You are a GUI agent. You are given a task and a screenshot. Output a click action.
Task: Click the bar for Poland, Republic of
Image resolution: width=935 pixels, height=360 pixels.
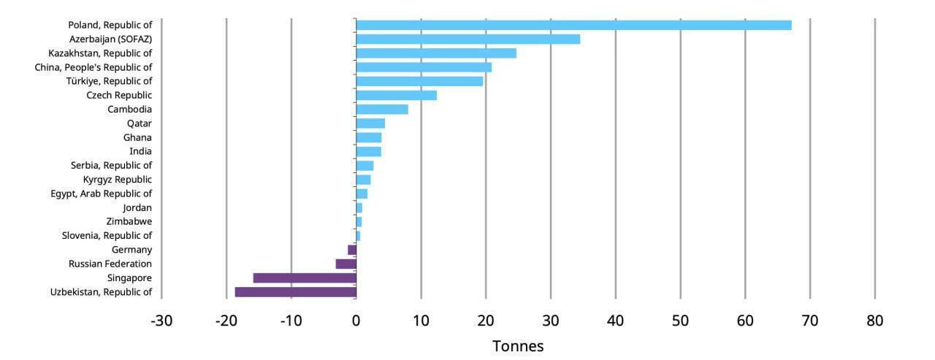tap(573, 25)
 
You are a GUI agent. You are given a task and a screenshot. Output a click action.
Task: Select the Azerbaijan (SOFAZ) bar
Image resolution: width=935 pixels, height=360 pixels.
tap(467, 39)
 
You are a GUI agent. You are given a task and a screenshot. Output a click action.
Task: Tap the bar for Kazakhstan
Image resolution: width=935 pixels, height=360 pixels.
tap(436, 53)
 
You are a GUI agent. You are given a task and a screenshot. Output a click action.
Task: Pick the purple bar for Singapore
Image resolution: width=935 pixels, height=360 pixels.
tap(305, 278)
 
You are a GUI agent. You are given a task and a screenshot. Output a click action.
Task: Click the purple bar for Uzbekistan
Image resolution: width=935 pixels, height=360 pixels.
tap(295, 292)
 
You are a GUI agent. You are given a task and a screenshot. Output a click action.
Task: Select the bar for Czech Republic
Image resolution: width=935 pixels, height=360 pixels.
tap(396, 95)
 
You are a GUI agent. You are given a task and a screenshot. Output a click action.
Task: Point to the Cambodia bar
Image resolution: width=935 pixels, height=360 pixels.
tap(382, 110)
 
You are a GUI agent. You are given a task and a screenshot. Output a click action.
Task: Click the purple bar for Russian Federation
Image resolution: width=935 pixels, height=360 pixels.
tap(346, 264)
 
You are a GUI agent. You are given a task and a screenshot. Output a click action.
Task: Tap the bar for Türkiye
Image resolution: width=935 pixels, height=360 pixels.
tap(419, 81)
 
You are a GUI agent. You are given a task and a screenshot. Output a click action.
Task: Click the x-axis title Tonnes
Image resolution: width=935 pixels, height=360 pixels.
tap(518, 346)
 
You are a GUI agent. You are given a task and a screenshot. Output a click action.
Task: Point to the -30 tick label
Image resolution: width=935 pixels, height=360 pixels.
tap(161, 321)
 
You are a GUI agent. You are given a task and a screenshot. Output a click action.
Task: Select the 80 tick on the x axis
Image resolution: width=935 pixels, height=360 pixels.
tap(874, 321)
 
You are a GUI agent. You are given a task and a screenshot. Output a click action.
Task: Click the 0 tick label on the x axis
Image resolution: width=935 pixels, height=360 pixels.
tap(356, 321)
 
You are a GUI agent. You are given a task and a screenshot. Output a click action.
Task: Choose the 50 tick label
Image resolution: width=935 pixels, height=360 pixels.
tap(680, 321)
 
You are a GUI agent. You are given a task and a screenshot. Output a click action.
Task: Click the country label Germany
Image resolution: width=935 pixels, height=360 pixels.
tap(131, 250)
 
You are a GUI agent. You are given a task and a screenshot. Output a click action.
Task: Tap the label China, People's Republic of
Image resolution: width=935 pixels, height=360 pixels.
tap(93, 67)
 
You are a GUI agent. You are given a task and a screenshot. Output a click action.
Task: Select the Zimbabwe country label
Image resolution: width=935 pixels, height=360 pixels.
tap(129, 221)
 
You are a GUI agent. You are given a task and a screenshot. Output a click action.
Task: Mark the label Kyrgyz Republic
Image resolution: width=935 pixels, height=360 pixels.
tap(118, 180)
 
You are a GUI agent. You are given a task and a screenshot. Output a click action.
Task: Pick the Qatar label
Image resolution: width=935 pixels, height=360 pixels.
tap(139, 123)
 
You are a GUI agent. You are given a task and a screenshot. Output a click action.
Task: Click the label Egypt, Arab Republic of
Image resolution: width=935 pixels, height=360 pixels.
tap(102, 194)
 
